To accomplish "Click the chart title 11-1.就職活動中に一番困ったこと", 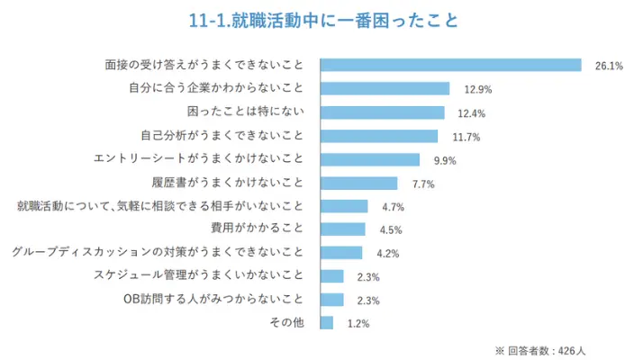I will pos(317,20).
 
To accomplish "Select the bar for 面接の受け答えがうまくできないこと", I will pos(451,65).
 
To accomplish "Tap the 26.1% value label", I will pos(609,66).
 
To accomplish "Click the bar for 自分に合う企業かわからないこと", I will pos(385,88).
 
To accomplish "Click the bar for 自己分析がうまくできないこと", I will pos(379,136).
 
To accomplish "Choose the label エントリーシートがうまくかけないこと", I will pos(199,158).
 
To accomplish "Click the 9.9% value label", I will pos(445,160).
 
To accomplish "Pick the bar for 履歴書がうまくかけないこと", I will pos(359,183).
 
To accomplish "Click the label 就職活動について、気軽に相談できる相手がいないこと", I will pos(161,205).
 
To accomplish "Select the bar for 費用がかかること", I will pos(343,229).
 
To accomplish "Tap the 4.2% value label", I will pos(388,254).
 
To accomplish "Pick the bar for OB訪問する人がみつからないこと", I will pos(332,299).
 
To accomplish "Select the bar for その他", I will pos(327,322).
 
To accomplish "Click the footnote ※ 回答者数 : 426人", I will pos(541,349).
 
